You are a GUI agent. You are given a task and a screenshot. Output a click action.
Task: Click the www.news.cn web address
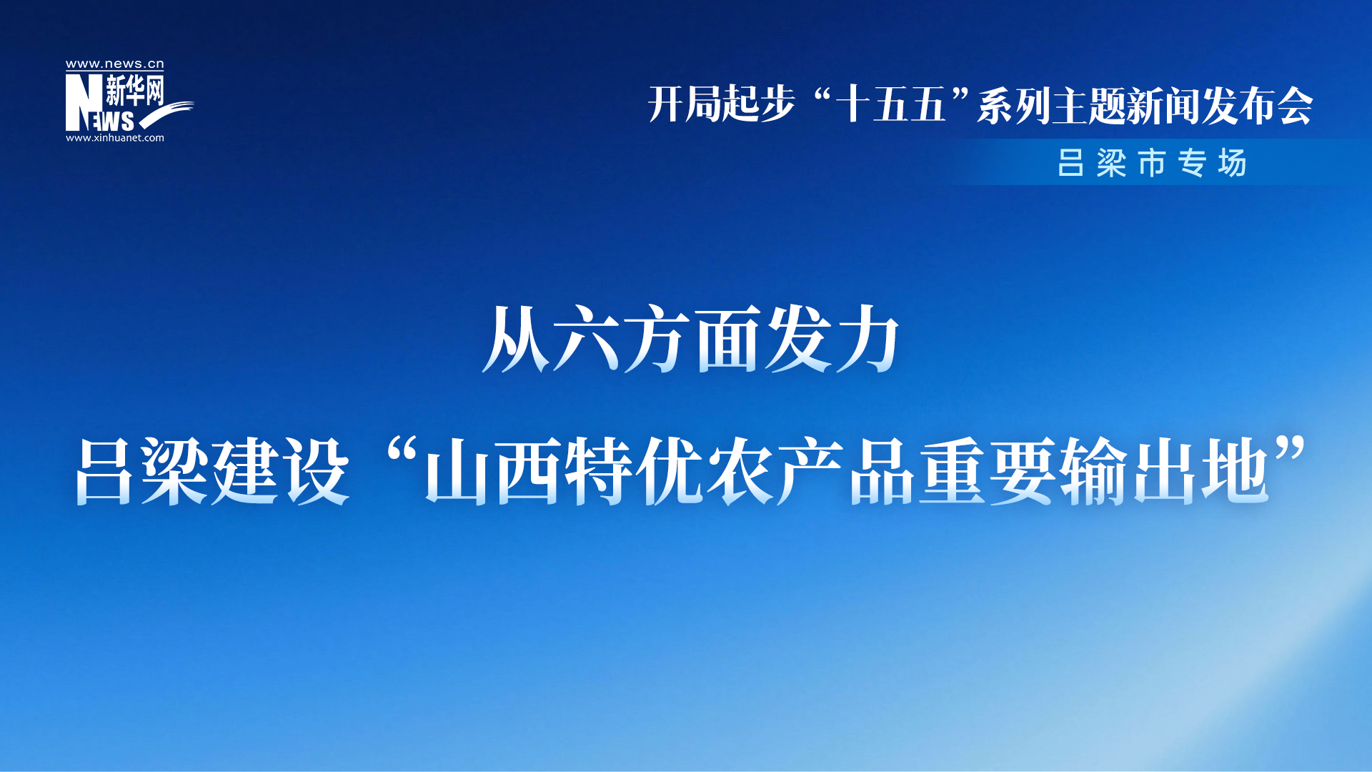tap(115, 64)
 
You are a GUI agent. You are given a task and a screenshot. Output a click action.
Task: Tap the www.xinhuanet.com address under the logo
tap(115, 138)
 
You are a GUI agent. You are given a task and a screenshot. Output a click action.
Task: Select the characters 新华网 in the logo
tap(135, 91)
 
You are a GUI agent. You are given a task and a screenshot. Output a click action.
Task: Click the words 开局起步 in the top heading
tap(722, 104)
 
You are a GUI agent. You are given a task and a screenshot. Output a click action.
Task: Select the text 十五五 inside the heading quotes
tap(890, 104)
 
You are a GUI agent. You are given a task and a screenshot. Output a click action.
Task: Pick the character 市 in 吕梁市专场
tap(1152, 163)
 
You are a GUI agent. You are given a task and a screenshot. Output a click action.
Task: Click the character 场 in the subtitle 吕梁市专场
tap(1233, 163)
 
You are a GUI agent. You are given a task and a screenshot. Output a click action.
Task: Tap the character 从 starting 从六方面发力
tap(516, 339)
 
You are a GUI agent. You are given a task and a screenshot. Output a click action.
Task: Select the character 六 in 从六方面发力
tap(587, 339)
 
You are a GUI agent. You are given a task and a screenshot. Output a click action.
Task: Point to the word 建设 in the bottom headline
tap(282, 472)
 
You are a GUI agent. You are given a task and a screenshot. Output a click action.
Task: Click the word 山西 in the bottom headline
tap(493, 472)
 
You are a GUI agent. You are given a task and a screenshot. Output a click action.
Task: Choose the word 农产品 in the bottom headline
tap(810, 472)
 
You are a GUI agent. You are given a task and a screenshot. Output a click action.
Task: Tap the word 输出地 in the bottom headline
tap(1165, 472)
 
